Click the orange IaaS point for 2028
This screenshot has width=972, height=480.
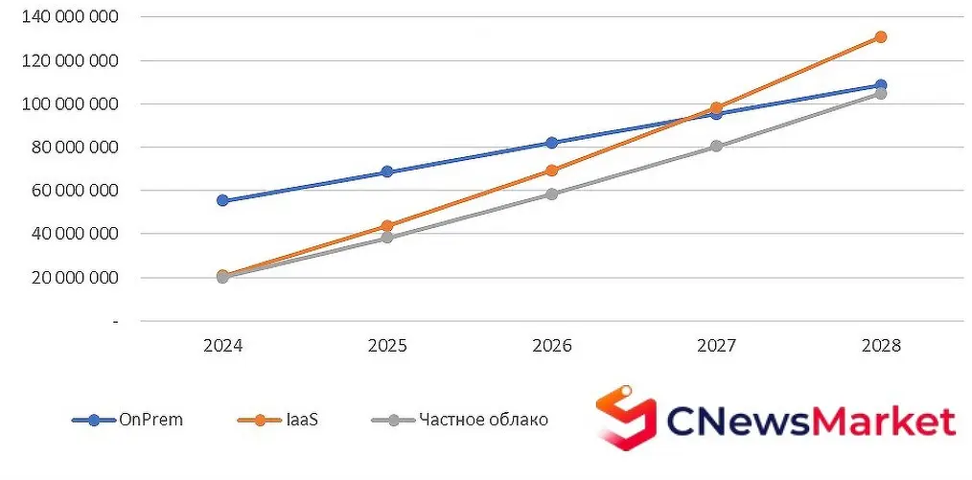pyautogui.click(x=880, y=37)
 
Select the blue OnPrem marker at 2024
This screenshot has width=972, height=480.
pyautogui.click(x=222, y=200)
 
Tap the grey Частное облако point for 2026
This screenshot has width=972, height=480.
pyautogui.click(x=551, y=194)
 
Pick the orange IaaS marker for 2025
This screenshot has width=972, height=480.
pyautogui.click(x=387, y=226)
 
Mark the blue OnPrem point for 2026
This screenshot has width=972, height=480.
pyautogui.click(x=551, y=143)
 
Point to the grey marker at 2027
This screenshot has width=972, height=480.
pyautogui.click(x=716, y=147)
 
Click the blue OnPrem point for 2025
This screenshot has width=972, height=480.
pyautogui.click(x=387, y=171)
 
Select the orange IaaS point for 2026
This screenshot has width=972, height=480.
pyautogui.click(x=551, y=171)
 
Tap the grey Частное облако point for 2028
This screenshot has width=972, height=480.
pyautogui.click(x=880, y=94)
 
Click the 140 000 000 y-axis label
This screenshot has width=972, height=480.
pyautogui.click(x=70, y=17)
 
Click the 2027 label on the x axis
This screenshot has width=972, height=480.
pyautogui.click(x=716, y=345)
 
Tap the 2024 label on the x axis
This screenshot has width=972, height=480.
pyautogui.click(x=222, y=345)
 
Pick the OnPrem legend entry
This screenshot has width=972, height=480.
pyautogui.click(x=128, y=420)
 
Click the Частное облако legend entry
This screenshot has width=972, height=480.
pyautogui.click(x=459, y=420)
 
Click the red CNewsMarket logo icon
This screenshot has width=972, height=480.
pyautogui.click(x=625, y=418)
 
